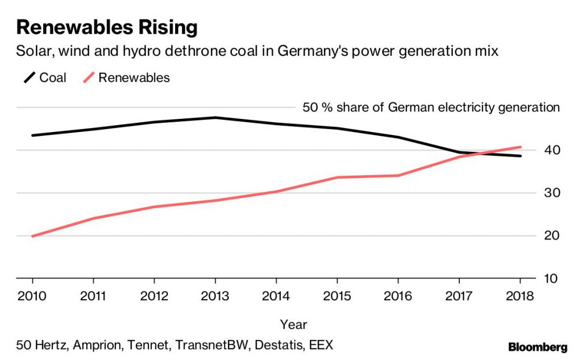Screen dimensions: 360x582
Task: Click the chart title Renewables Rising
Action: pos(107,27)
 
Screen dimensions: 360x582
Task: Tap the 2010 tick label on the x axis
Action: pos(32,297)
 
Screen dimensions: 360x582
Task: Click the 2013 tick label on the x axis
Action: pos(215,297)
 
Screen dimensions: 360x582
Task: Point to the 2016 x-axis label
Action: pos(398,297)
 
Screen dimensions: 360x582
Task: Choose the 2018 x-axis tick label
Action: pos(520,297)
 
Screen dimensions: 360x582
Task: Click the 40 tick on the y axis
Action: pos(553,150)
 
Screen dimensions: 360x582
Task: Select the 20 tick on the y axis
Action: pos(553,236)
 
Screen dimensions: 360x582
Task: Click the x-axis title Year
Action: pos(293,325)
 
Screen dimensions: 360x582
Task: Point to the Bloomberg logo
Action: pos(538,346)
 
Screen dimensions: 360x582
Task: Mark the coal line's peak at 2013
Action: pos(215,118)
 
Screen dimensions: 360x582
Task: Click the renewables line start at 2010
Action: pos(33,236)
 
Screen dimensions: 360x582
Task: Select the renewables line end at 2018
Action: pos(520,147)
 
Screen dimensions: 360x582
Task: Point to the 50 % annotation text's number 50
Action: pos(310,107)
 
